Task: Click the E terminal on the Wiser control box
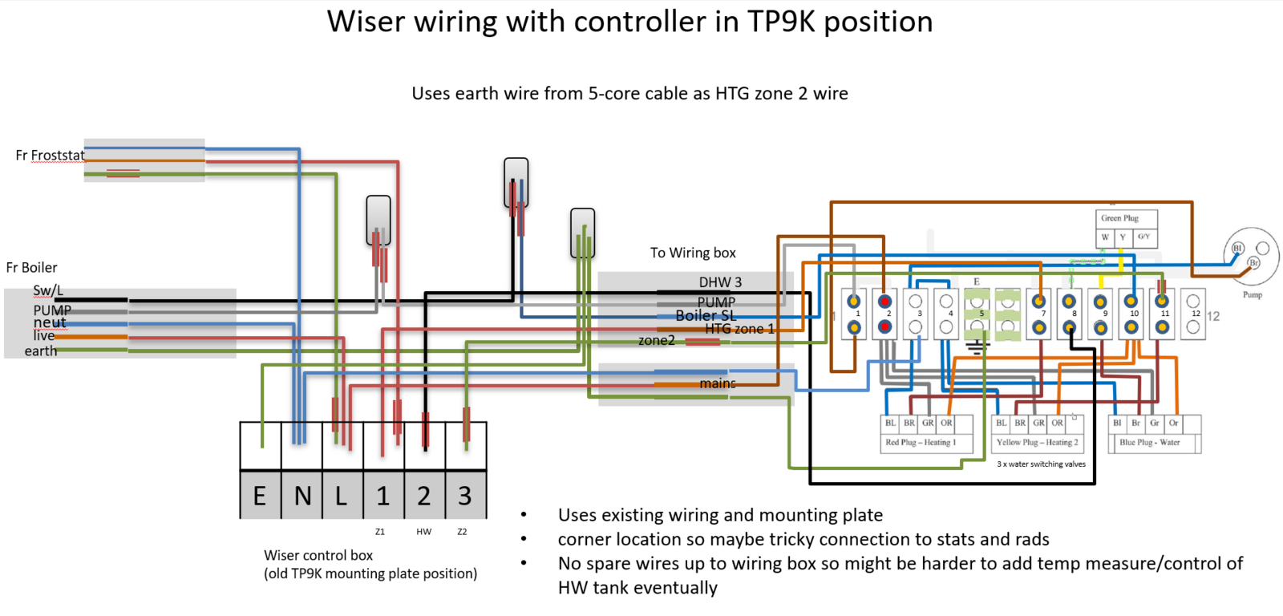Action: [260, 496]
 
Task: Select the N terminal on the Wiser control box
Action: [302, 496]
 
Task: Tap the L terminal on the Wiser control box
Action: [342, 496]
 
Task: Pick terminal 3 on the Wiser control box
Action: [465, 496]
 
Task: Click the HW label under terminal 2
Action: [424, 532]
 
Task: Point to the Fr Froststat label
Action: [50, 156]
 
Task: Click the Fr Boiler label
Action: [32, 268]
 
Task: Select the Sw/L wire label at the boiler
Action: [48, 290]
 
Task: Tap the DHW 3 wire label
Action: [720, 282]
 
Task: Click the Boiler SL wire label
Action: [706, 315]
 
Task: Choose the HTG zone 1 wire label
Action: [739, 329]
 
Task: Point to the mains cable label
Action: [717, 383]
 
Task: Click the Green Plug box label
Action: [1119, 218]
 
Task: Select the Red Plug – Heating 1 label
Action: [921, 442]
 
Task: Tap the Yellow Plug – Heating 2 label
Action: [1037, 442]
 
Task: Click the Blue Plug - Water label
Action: [1149, 442]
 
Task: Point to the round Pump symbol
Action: [1251, 257]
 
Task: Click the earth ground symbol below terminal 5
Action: [977, 347]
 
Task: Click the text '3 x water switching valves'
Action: [1041, 464]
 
